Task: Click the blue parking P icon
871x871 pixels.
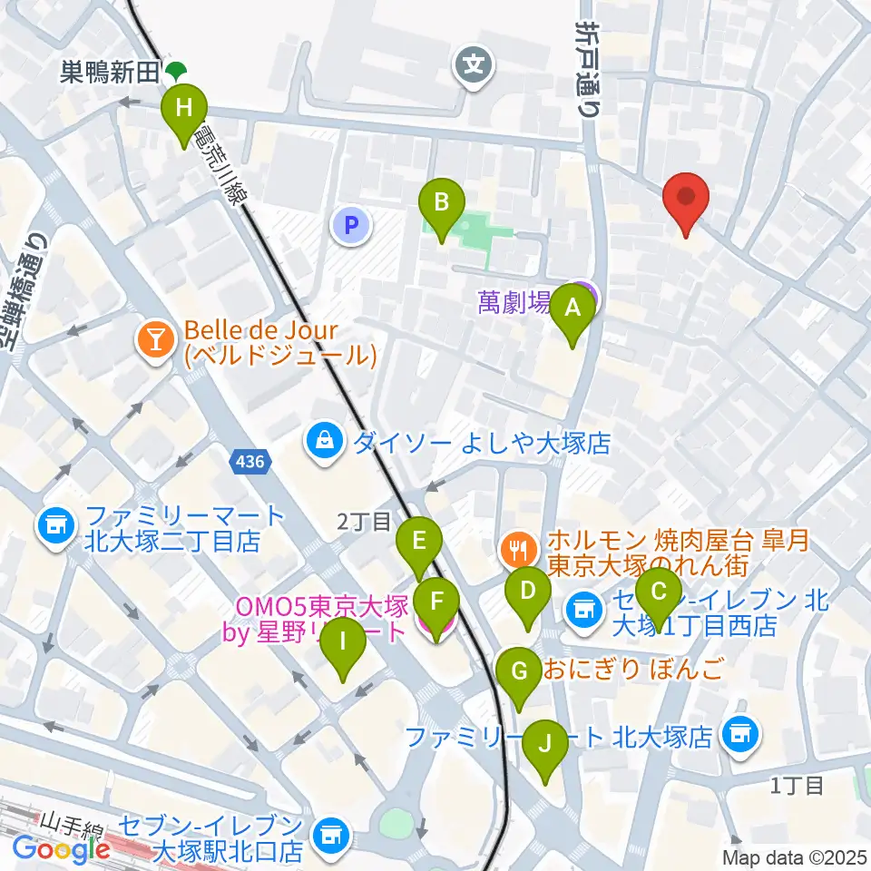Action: tap(353, 225)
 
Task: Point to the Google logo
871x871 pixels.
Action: tap(62, 849)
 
